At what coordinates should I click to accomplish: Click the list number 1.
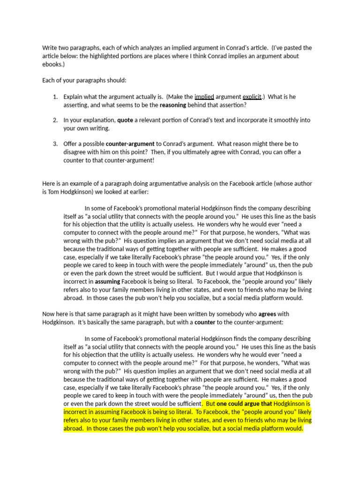pyautogui.click(x=55, y=97)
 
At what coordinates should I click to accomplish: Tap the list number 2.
pyautogui.click(x=55, y=120)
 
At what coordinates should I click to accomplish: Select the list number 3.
pyautogui.click(x=55, y=143)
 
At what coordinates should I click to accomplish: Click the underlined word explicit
pyautogui.click(x=252, y=97)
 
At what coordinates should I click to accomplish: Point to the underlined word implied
pyautogui.click(x=204, y=97)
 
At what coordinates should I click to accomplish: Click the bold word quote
pyautogui.click(x=125, y=120)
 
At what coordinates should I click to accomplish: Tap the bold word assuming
pyautogui.click(x=107, y=281)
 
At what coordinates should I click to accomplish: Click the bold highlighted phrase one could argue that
pyautogui.click(x=244, y=404)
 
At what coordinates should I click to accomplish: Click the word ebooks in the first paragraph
pyautogui.click(x=51, y=64)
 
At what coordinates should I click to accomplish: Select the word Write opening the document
pyautogui.click(x=50, y=48)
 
